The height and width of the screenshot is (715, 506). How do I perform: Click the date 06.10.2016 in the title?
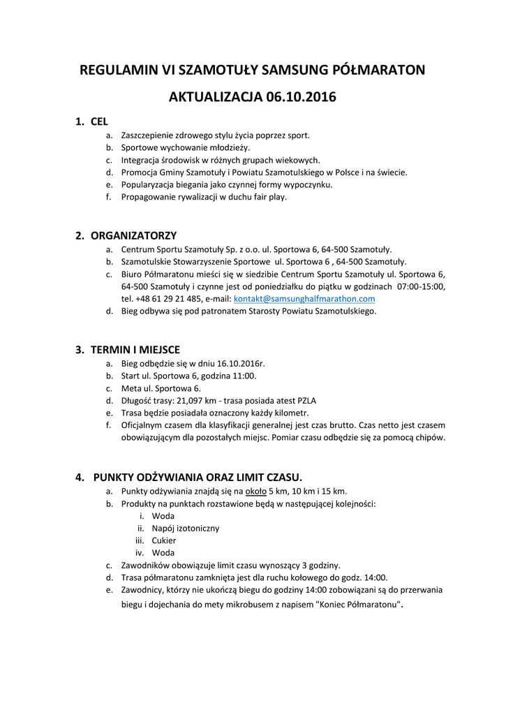[301, 97]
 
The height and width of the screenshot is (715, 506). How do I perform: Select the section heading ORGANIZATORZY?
[133, 235]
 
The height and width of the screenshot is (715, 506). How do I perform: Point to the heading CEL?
[99, 121]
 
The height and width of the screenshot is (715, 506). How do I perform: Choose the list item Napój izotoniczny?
[185, 528]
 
